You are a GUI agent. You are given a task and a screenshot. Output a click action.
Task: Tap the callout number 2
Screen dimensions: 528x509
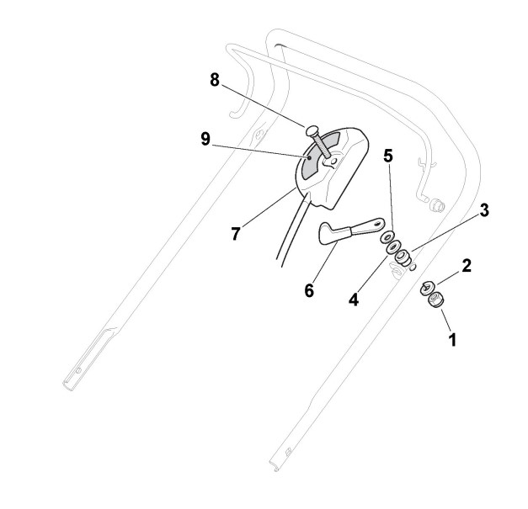pyautogui.click(x=467, y=266)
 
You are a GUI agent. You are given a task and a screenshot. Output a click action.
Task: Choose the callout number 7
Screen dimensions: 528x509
pyautogui.click(x=237, y=233)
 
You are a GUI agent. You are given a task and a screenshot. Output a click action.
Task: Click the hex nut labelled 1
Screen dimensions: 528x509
pyautogui.click(x=436, y=300)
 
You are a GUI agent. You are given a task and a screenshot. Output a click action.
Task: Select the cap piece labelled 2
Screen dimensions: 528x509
pyautogui.click(x=428, y=287)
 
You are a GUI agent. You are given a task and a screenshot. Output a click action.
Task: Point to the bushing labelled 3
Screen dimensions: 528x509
pyautogui.click(x=403, y=256)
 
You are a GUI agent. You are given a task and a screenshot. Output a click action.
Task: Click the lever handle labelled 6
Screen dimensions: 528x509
pyautogui.click(x=345, y=231)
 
